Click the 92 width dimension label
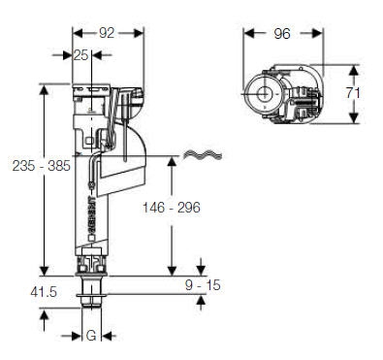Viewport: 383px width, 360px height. pyautogui.click(x=107, y=33)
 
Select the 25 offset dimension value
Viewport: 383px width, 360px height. pyautogui.click(x=80, y=55)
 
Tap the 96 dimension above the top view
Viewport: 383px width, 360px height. pyautogui.click(x=282, y=33)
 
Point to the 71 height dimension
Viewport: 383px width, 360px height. pyautogui.click(x=353, y=93)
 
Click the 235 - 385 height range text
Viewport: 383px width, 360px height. pyautogui.click(x=41, y=166)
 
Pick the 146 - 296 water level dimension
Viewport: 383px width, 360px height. pyautogui.click(x=172, y=208)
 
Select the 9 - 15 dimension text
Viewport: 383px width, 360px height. pyautogui.click(x=203, y=285)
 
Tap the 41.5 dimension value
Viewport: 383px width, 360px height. pyautogui.click(x=44, y=292)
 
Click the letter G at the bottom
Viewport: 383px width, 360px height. pyautogui.click(x=91, y=336)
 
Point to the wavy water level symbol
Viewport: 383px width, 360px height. pyautogui.click(x=203, y=155)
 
